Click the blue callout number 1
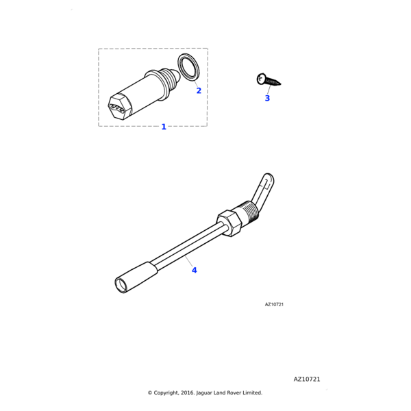164,127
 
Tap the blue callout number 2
199,90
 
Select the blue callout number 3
267,98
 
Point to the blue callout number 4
195,271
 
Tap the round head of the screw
261,79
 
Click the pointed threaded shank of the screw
273,82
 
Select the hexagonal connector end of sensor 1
119,107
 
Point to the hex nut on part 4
229,223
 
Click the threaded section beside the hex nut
249,213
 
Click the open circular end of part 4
121,285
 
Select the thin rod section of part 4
189,245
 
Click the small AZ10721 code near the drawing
274,304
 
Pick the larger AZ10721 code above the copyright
307,379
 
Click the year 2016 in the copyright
186,393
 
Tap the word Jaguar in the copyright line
204,393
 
